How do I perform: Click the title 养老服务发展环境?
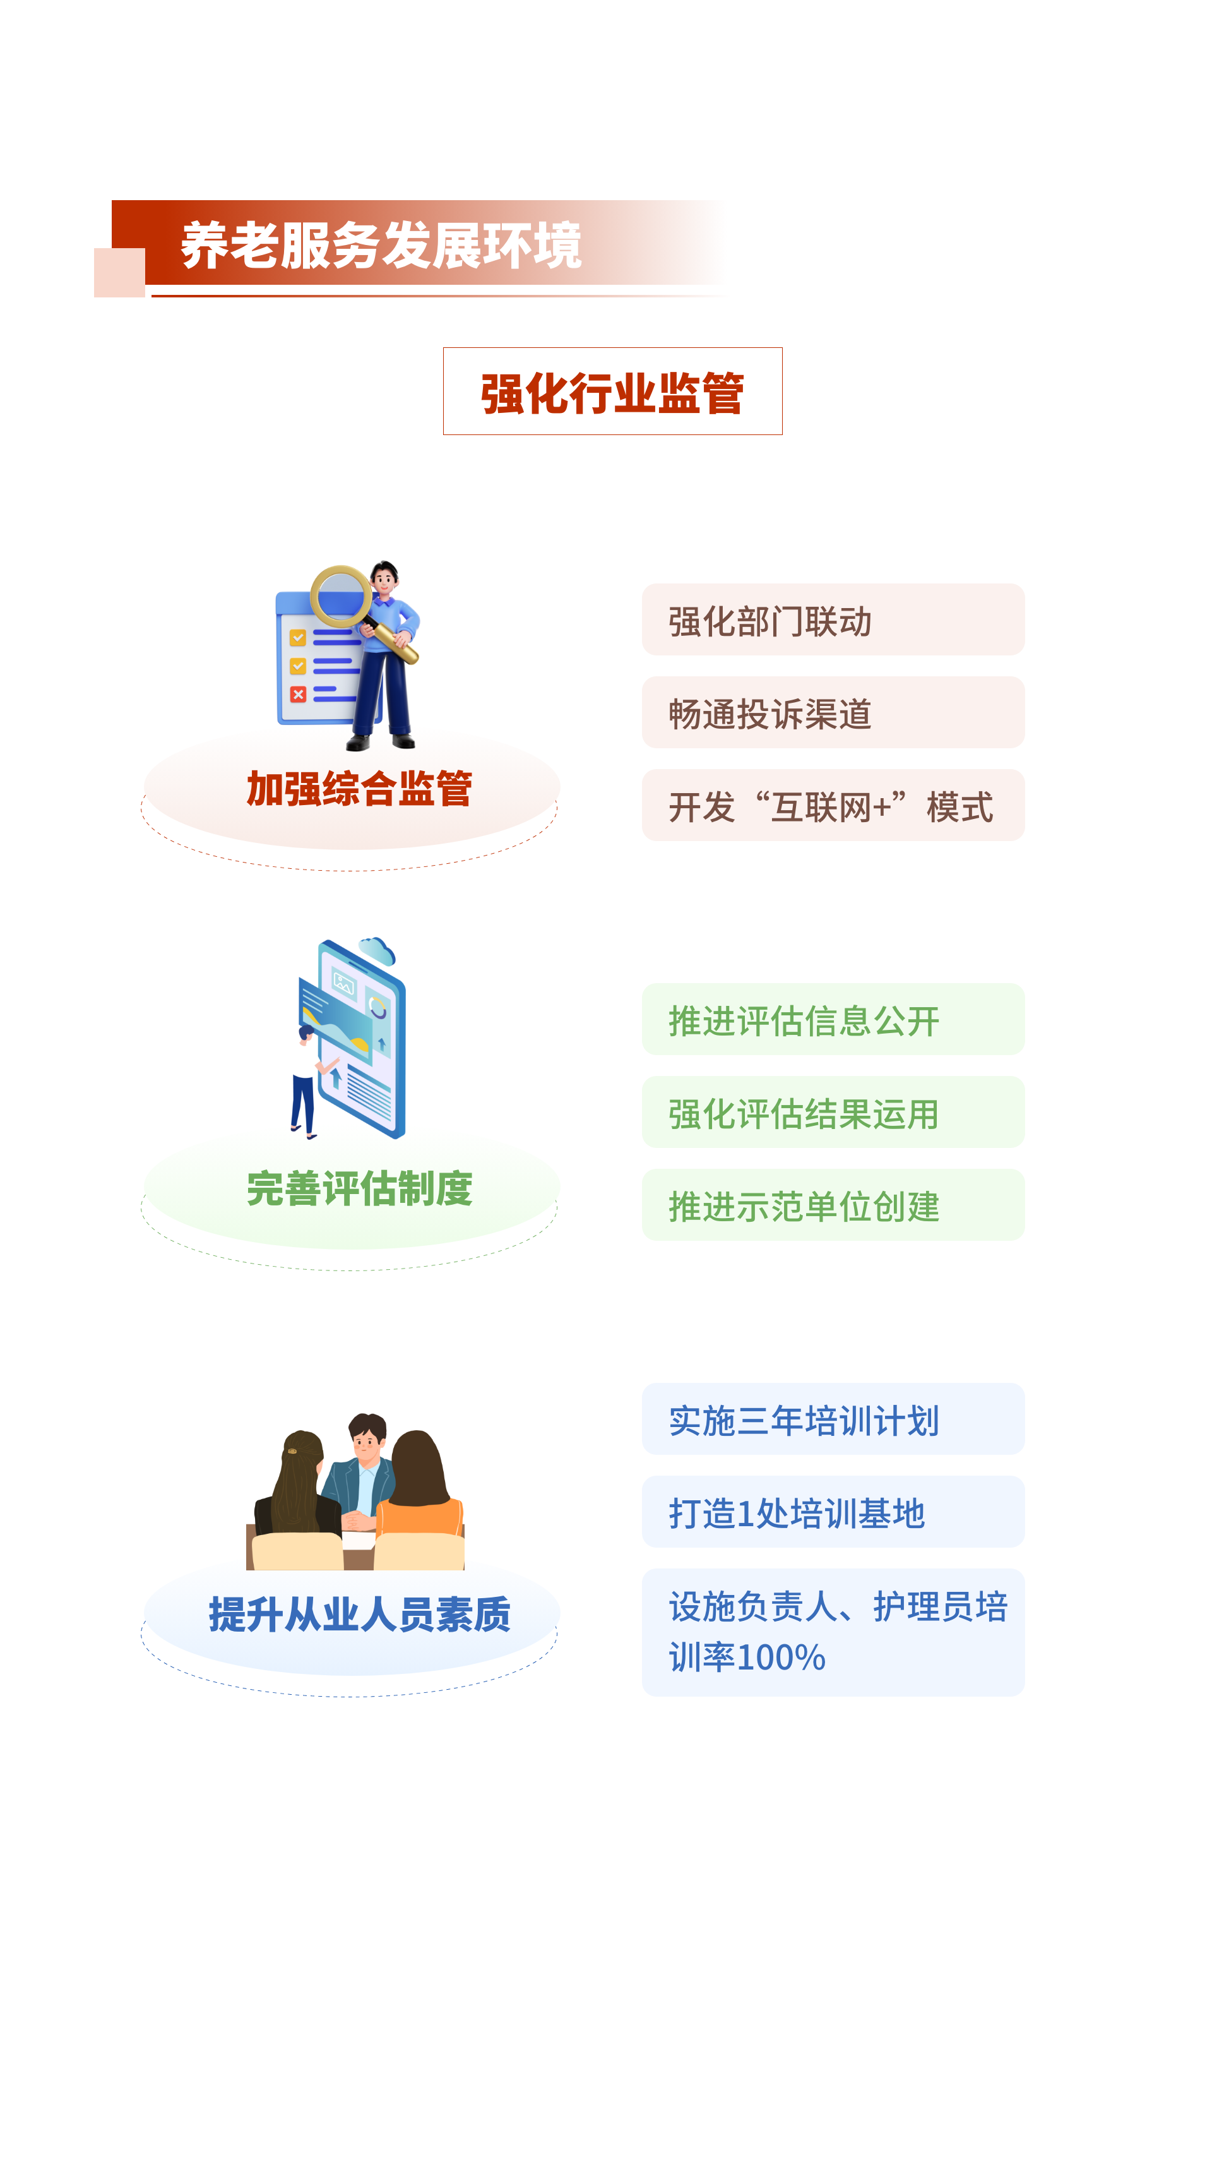click(x=381, y=246)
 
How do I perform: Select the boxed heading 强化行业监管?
click(x=612, y=392)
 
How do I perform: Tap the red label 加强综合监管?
click(x=359, y=789)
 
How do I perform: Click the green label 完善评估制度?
click(x=359, y=1188)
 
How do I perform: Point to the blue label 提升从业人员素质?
click(x=359, y=1613)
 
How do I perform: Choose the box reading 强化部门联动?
click(x=832, y=619)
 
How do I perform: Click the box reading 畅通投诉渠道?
click(x=832, y=712)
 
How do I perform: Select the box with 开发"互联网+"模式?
click(x=832, y=806)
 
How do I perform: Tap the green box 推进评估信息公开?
click(x=832, y=1019)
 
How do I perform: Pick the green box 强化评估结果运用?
click(x=832, y=1112)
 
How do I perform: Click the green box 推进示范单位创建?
click(x=832, y=1205)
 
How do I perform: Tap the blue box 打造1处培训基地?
click(x=832, y=1512)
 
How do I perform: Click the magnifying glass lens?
click(x=341, y=595)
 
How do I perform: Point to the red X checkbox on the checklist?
click(x=298, y=694)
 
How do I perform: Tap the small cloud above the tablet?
click(x=377, y=951)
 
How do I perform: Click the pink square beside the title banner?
click(x=119, y=272)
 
